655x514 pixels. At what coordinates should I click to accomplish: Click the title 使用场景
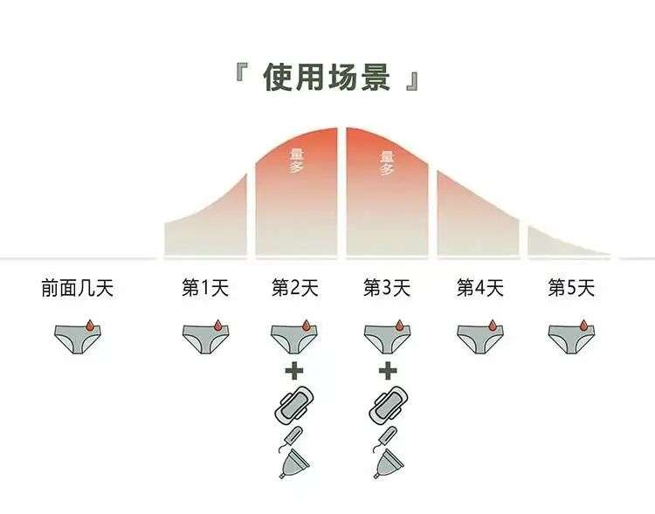pos(327,78)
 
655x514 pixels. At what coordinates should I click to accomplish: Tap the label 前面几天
pos(78,288)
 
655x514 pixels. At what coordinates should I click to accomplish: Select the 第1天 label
pos(205,288)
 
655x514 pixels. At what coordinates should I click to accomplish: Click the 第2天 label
pos(295,288)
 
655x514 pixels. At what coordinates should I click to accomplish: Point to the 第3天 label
pos(387,288)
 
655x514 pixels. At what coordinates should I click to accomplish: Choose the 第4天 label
pos(480,288)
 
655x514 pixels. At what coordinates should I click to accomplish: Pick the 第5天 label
pos(571,288)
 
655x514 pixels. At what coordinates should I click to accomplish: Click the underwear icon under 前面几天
pos(78,339)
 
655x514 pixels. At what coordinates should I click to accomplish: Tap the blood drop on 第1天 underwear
pos(217,325)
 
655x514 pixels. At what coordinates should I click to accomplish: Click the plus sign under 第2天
pos(294,371)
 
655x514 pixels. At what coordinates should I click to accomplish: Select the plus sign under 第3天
pos(388,371)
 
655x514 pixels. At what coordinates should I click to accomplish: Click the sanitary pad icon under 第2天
pos(294,404)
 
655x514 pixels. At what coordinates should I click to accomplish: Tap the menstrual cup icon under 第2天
pos(294,464)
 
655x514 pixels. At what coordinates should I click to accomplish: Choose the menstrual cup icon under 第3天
pos(389,464)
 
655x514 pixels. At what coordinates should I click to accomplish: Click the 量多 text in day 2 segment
pos(297,161)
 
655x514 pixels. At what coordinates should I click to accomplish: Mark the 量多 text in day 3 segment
pos(387,163)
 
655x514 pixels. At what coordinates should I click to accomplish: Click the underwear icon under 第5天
pos(571,339)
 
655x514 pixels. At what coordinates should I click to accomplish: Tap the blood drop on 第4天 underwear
pos(493,325)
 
